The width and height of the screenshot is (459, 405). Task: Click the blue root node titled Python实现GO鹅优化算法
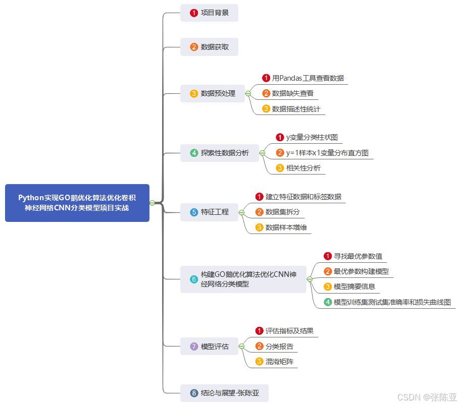77,203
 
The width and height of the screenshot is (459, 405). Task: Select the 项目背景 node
209,13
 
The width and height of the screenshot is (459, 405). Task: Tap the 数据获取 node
209,47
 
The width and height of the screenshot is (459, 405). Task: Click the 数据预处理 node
212,93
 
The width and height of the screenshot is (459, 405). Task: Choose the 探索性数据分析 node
219,153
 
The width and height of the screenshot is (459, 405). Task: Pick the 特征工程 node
209,212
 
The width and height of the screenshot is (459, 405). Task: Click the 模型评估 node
209,346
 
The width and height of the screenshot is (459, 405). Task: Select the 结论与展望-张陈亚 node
224,393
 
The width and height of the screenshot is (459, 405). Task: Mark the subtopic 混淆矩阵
279,361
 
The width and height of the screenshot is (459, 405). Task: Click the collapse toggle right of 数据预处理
248,93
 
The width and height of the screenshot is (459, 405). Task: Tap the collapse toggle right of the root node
152,203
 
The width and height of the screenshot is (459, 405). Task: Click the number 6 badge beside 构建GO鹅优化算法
194,279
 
